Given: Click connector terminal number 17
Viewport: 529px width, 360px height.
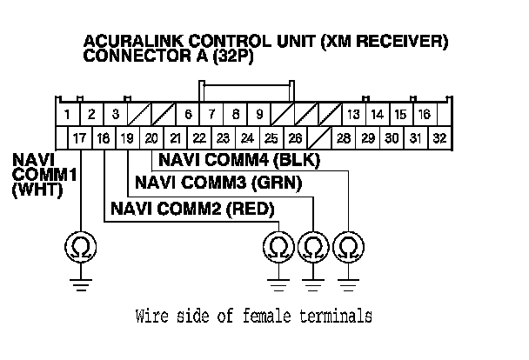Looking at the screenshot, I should tap(79, 137).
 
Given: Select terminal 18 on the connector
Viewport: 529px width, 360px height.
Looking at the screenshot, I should tap(104, 137).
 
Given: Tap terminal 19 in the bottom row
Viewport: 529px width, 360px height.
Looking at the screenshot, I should tap(127, 137).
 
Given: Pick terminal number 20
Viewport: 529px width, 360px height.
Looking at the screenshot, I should tap(151, 137).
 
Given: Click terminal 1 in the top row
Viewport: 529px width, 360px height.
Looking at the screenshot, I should tap(67, 114).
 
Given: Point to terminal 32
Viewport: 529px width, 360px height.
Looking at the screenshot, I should tap(439, 137).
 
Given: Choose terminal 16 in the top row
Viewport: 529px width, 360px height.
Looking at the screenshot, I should tap(424, 114).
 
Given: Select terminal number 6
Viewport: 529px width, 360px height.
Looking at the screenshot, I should tap(188, 114).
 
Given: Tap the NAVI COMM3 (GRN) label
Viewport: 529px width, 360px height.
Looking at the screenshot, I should tap(218, 183).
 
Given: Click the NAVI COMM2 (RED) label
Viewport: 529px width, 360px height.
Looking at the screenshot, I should tap(191, 209).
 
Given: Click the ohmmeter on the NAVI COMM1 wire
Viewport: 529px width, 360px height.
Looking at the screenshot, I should tap(79, 249).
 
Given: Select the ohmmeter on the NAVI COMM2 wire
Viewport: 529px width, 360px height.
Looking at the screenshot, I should tap(278, 249).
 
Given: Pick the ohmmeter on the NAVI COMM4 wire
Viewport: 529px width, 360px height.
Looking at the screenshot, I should tap(347, 249).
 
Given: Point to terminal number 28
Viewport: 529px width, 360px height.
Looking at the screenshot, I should tap(344, 137).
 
